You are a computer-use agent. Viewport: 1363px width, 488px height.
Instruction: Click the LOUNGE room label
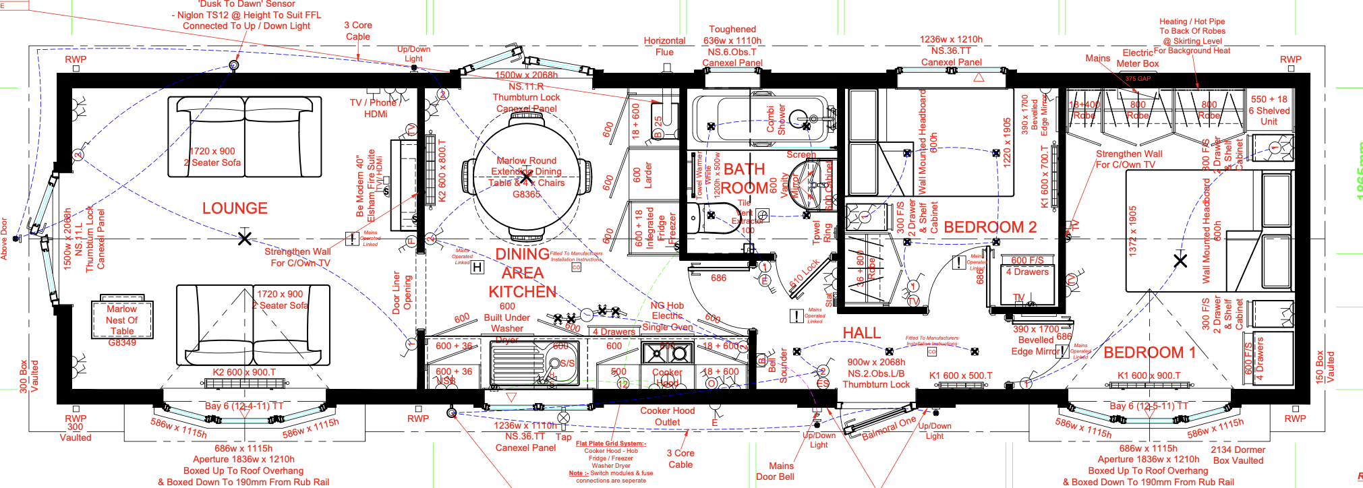tap(235, 208)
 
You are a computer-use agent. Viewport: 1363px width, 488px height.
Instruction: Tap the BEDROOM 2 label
tap(989, 227)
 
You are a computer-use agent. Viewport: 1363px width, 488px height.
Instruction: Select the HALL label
tap(861, 333)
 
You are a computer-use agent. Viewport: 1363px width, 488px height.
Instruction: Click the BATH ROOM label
tap(745, 179)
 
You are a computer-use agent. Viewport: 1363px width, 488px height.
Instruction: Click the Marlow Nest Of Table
tap(122, 319)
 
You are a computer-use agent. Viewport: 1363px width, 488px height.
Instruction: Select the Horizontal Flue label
tap(664, 47)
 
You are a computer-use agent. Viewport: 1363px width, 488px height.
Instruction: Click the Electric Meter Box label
tap(1138, 58)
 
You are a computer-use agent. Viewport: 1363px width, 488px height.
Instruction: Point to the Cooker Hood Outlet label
tap(667, 417)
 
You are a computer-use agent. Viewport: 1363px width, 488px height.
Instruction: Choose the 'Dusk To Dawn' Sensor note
tap(246, 15)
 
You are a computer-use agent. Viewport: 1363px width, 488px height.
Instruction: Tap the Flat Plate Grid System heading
tap(611, 444)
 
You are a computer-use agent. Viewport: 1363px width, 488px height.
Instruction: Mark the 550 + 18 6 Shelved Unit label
tap(1269, 111)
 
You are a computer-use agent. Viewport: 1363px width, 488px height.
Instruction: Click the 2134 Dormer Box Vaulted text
tap(1238, 455)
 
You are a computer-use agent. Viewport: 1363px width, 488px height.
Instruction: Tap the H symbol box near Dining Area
tap(477, 268)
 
